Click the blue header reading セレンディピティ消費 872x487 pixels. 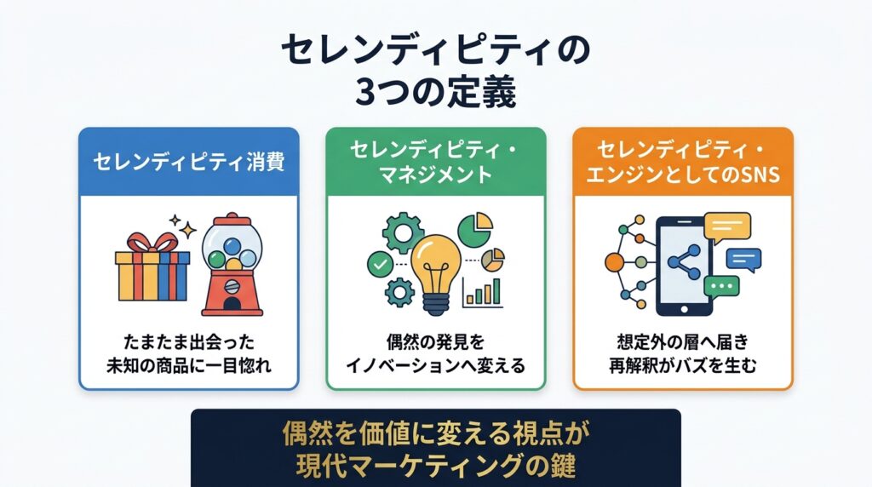click(188, 162)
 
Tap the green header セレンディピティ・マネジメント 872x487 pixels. click(436, 162)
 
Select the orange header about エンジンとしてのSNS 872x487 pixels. click(683, 162)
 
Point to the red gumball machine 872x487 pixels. click(232, 265)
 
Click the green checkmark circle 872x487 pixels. click(381, 264)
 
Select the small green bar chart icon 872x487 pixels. click(482, 292)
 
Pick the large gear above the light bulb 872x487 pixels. click(404, 232)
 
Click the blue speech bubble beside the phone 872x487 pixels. click(743, 259)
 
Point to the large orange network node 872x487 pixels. click(615, 262)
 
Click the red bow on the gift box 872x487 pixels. click(152, 243)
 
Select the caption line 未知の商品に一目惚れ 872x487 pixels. click(189, 366)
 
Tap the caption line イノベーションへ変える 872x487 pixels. click(435, 366)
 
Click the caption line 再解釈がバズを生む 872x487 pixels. click(683, 366)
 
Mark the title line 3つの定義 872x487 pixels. click(435, 92)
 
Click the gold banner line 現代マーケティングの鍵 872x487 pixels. click(435, 465)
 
